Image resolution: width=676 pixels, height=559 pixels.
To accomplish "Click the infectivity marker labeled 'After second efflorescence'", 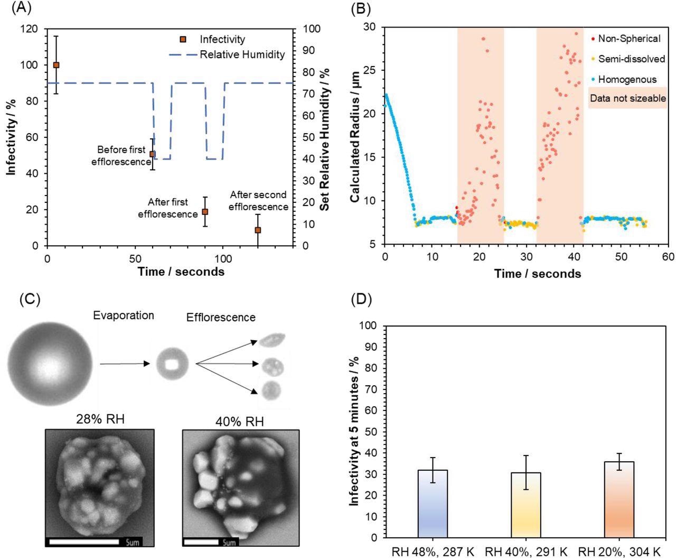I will coord(258,230).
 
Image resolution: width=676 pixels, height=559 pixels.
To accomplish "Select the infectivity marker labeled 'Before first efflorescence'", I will coord(152,154).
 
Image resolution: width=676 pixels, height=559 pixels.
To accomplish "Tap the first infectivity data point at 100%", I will coord(56,65).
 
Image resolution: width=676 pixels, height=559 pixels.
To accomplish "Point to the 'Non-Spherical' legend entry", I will coord(628,39).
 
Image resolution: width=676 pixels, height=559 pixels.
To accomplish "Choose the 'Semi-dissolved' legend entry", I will coord(631,59).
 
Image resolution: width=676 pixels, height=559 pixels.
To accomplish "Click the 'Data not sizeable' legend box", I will coord(627,98).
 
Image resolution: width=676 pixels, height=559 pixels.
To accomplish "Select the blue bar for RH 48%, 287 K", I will coord(433,504).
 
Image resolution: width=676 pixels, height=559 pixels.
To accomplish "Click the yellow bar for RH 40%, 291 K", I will coord(525,505).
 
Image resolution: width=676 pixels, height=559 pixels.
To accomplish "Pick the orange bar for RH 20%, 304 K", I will coord(618,499).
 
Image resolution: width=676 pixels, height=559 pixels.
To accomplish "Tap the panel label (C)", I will coord(30,299).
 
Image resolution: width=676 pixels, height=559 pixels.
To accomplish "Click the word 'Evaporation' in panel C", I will coord(124,315).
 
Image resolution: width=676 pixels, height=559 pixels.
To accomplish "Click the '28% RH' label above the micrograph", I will coord(99,421).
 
